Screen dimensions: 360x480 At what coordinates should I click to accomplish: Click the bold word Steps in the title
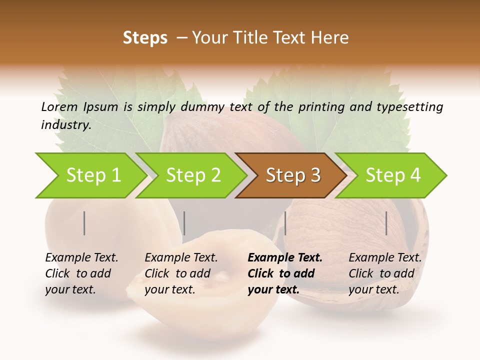click(x=145, y=38)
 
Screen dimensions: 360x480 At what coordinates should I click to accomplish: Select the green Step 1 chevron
click(x=93, y=175)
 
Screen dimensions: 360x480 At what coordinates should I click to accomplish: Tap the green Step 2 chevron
click(x=193, y=175)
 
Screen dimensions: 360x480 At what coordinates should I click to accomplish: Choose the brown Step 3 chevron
click(x=293, y=175)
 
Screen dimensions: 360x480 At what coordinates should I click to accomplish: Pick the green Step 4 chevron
click(x=393, y=175)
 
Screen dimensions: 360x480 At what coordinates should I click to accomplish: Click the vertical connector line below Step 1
click(x=84, y=223)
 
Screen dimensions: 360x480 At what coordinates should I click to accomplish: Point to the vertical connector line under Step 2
click(x=184, y=223)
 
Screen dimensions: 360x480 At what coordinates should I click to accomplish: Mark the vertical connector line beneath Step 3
click(x=285, y=223)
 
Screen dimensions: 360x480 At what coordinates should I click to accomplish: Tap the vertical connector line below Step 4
click(x=386, y=223)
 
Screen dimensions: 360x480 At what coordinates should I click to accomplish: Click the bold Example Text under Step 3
click(x=285, y=258)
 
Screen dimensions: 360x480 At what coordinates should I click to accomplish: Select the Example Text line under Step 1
click(x=81, y=258)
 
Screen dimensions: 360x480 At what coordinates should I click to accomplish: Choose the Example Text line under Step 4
click(x=385, y=258)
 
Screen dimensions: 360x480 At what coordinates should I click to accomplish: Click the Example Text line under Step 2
click(x=181, y=258)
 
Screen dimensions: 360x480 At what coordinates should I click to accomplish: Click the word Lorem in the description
click(x=59, y=107)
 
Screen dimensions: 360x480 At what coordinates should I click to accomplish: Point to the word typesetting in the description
click(x=414, y=107)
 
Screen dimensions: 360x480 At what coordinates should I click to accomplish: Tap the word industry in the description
click(x=65, y=125)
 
